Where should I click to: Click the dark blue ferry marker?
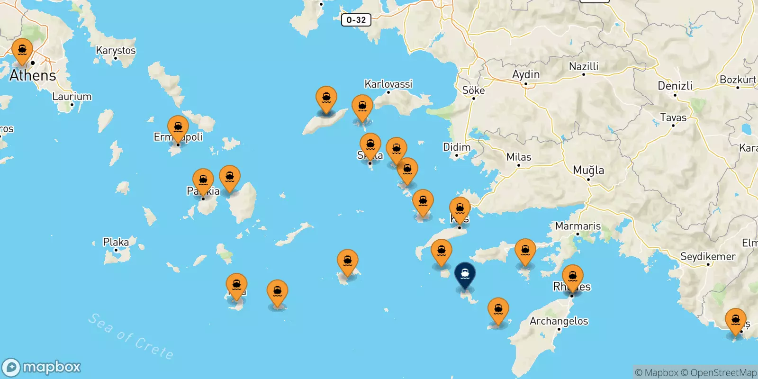[465, 275]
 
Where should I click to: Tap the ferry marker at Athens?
[22, 51]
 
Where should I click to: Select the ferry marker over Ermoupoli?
[178, 128]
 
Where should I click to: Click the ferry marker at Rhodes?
[572, 277]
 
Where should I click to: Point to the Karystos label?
[116, 50]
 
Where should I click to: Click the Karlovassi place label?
[388, 84]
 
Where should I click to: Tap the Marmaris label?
[578, 226]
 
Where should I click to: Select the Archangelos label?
[559, 321]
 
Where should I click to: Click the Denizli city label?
[675, 86]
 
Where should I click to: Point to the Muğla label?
[588, 170]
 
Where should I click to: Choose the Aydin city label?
[525, 74]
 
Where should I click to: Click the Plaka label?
[116, 242]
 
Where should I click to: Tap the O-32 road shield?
[356, 20]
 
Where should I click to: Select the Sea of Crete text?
[131, 336]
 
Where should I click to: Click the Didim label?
[457, 147]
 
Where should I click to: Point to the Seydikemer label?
[708, 256]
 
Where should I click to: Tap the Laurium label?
[72, 96]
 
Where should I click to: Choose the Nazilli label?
[583, 66]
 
